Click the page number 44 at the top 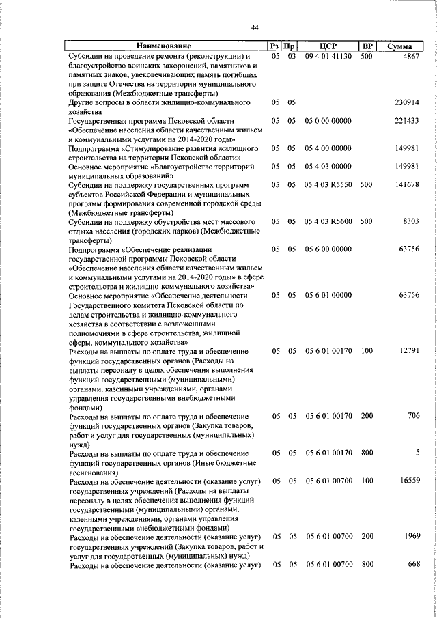[254, 27]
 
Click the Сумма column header [398, 46]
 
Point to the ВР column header [367, 46]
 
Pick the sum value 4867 [410, 56]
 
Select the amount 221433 [407, 120]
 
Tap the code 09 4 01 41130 [328, 56]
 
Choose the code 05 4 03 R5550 [328, 185]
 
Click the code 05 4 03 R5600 [328, 222]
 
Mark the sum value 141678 [407, 185]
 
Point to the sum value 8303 [410, 222]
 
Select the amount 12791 [408, 351]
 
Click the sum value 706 [413, 416]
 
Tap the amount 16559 [408, 481]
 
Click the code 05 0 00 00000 [328, 120]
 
